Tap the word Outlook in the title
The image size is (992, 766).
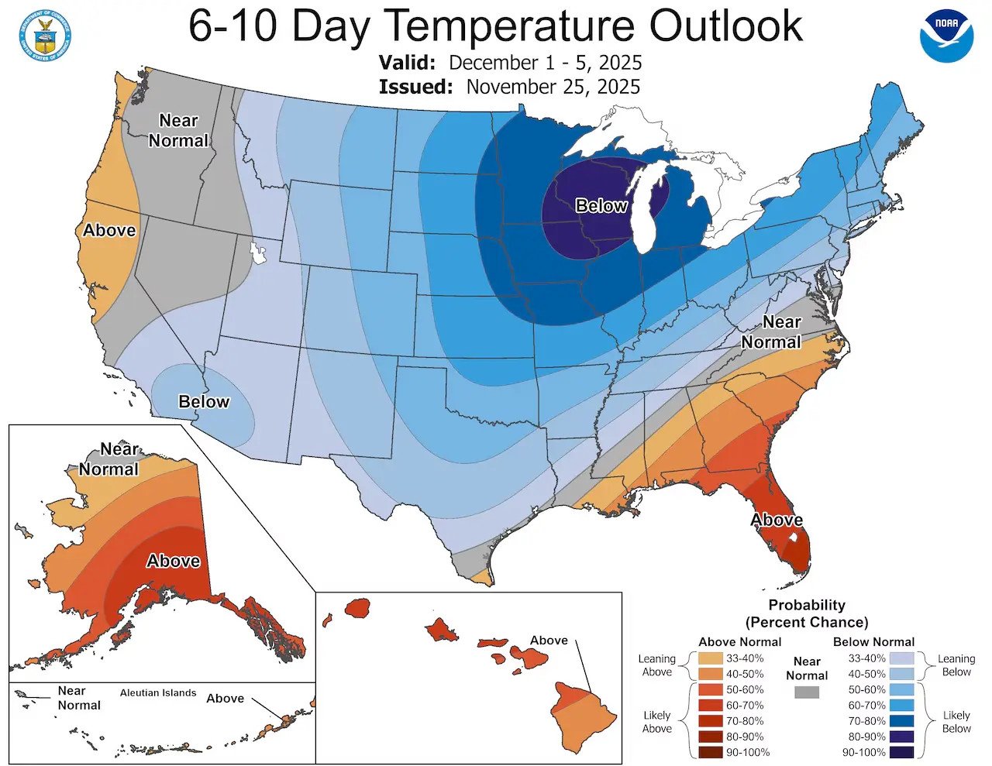[x=726, y=26]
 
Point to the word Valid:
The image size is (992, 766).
[x=407, y=63]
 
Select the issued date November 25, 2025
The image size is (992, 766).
[x=553, y=86]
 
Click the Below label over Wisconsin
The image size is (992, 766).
[x=601, y=205]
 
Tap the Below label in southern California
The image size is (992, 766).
[x=204, y=401]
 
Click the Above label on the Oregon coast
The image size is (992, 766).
[x=109, y=230]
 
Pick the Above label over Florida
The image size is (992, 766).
[x=777, y=520]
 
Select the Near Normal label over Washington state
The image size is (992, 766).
[x=179, y=130]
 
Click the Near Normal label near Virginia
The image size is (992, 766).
[x=771, y=331]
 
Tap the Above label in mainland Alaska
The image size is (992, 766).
[x=174, y=561]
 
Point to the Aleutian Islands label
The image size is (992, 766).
[x=158, y=693]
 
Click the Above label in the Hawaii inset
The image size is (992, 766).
[x=549, y=641]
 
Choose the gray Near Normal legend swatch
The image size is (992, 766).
[x=807, y=692]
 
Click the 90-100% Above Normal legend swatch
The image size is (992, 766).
[x=710, y=752]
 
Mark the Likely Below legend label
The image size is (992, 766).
[x=956, y=722]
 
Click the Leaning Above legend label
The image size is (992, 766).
[x=656, y=665]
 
